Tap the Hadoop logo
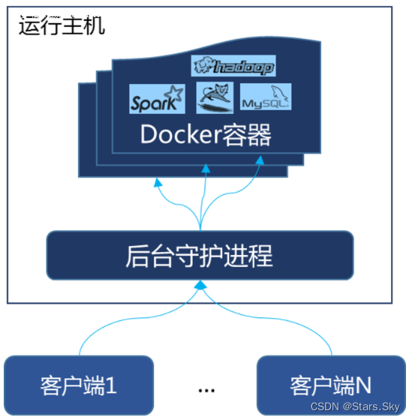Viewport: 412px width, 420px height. [x=233, y=67]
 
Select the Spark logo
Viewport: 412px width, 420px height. [x=156, y=99]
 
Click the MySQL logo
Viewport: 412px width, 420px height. [x=265, y=98]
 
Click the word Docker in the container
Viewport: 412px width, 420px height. [x=177, y=136]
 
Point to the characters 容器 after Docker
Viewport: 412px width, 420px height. [x=242, y=136]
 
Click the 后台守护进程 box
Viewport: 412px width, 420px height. [x=200, y=256]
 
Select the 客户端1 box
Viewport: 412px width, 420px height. [x=79, y=385]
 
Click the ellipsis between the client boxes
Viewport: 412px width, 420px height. [x=207, y=390]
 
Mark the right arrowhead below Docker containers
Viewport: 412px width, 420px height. [x=260, y=162]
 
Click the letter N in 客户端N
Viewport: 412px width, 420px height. [x=362, y=385]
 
